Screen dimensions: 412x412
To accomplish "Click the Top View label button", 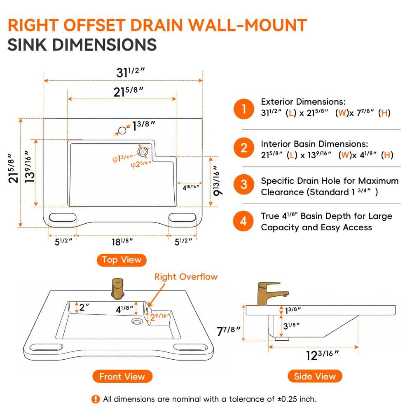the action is (x=122, y=260).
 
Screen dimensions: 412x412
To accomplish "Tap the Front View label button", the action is (x=122, y=376).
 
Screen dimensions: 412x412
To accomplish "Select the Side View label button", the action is (x=315, y=376).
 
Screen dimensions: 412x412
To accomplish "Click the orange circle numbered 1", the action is (x=244, y=109).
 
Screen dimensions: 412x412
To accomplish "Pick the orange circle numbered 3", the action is (x=244, y=184).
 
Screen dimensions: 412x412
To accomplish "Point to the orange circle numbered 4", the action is (x=243, y=221).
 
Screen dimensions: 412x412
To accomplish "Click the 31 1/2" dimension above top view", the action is (x=130, y=72).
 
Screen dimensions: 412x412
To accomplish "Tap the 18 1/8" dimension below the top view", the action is (x=122, y=242).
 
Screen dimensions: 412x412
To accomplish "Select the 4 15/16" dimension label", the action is (x=191, y=187).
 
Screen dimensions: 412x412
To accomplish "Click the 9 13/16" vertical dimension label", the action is (x=217, y=181).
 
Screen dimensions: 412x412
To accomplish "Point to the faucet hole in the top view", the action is (x=122, y=130).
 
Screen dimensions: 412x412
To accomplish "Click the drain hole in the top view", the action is (x=143, y=152).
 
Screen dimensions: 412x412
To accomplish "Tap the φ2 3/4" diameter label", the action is (x=141, y=164).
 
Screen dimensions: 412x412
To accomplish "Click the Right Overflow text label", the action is (x=186, y=277).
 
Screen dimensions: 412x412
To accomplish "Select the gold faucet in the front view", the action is (x=117, y=289).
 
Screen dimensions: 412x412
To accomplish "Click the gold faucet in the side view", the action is (x=272, y=294).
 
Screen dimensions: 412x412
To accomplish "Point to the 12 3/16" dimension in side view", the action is (x=323, y=355).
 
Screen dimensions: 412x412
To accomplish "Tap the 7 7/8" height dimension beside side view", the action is (x=229, y=331).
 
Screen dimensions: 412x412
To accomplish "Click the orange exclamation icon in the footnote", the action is (x=96, y=399).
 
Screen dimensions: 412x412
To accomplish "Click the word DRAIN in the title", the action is (x=156, y=25).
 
